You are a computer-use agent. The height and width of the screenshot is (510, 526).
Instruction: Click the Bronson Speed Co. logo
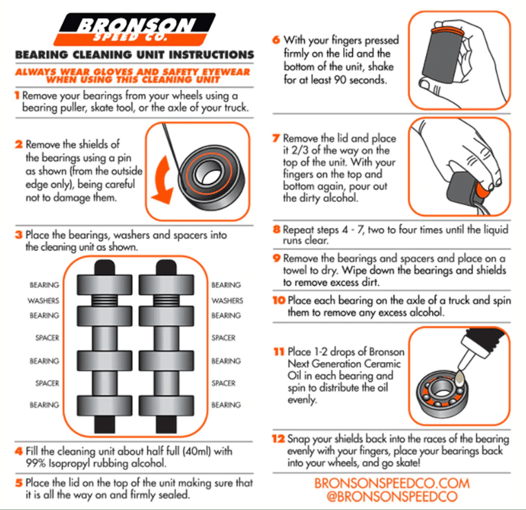[x=135, y=30]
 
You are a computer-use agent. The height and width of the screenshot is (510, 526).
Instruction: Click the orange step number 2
[x=19, y=144]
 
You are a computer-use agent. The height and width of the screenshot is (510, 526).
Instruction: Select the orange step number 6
[x=276, y=39]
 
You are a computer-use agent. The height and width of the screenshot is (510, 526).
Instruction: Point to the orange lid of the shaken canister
[x=449, y=32]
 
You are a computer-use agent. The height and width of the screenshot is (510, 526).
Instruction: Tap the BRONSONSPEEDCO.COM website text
[x=392, y=483]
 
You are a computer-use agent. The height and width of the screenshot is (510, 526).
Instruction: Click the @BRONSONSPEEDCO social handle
[x=392, y=497]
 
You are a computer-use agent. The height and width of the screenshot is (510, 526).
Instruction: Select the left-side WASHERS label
[x=43, y=301]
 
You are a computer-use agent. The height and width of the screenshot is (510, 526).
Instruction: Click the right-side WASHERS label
[x=227, y=301]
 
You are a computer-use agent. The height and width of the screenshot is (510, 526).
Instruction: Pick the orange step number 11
[x=279, y=352]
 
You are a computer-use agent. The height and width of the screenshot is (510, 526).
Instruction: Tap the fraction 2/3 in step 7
[x=300, y=150]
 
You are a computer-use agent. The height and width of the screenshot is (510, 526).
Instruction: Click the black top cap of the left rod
[x=105, y=267]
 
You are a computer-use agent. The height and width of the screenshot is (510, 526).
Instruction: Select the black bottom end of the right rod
[x=166, y=424]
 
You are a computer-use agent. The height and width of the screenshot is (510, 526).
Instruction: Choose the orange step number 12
[x=278, y=439]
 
